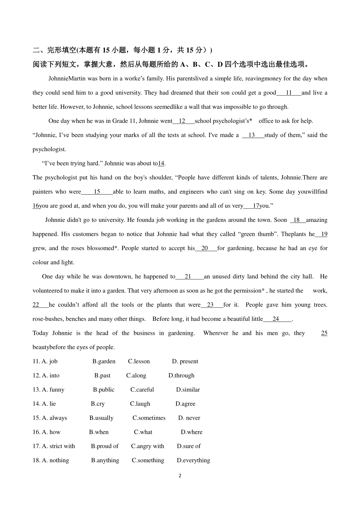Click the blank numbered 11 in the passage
click(289, 93)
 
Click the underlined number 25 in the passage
click(324, 333)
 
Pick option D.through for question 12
click(181, 375)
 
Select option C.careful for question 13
click(142, 389)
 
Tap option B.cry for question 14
click(98, 404)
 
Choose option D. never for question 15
click(189, 418)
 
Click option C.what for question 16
click(143, 432)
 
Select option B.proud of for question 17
click(105, 446)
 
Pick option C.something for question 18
click(148, 460)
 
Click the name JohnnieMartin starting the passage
click(67, 79)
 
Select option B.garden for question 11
click(104, 361)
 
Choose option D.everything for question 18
click(193, 460)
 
